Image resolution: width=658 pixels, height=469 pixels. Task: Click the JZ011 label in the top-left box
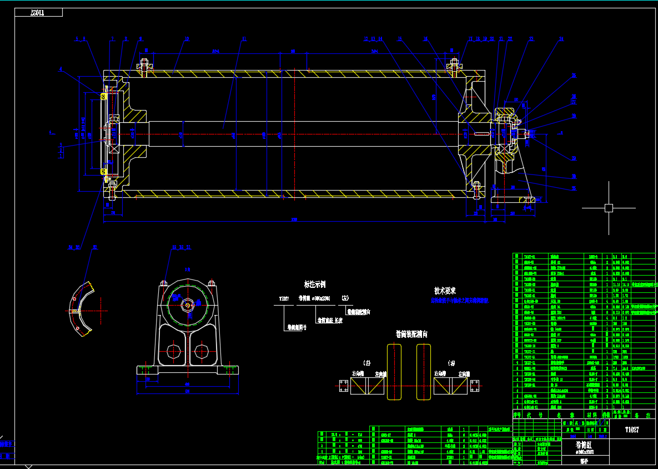[x=37, y=13]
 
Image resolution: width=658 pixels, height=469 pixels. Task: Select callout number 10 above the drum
[x=187, y=39]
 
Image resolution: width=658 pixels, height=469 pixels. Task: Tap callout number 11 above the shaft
[x=243, y=39]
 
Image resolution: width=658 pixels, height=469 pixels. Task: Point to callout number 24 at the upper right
[x=561, y=39]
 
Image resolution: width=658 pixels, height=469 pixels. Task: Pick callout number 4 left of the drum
[x=61, y=69]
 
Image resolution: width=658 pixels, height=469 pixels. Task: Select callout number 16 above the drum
[x=425, y=39]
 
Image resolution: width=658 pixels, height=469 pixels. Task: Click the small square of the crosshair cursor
[x=609, y=208]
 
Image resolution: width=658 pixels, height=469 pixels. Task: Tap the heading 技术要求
[x=445, y=291]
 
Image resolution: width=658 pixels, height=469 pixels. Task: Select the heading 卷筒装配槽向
[x=411, y=334]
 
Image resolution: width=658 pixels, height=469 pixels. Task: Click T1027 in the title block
[x=632, y=430]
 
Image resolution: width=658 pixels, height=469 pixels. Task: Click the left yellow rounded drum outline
[x=394, y=372]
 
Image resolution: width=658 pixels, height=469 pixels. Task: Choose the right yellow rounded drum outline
[x=424, y=372]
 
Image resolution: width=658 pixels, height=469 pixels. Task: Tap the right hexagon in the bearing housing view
[x=200, y=351]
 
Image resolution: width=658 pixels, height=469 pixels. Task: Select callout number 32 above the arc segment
[x=95, y=247]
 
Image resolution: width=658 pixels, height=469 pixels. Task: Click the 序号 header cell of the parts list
[x=517, y=415]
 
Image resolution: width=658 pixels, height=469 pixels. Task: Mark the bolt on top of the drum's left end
[x=145, y=67]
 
